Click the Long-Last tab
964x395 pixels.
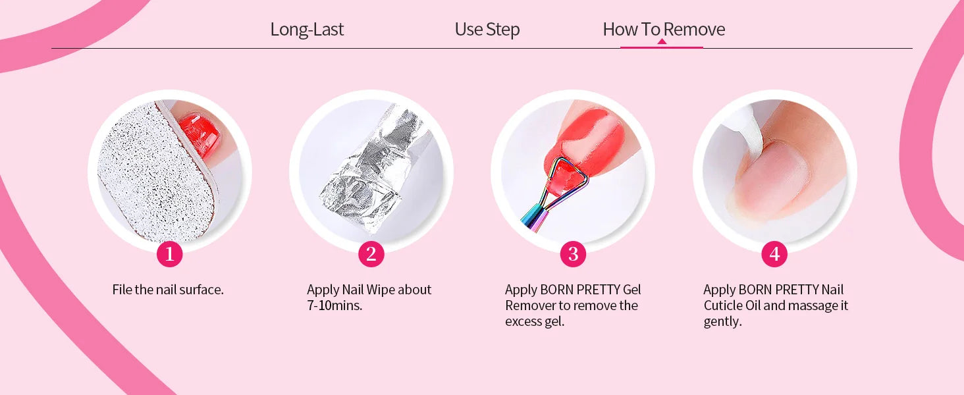[307, 29]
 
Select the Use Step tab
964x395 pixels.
[487, 29]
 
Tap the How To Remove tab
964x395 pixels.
[664, 29]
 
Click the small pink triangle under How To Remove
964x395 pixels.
[662, 41]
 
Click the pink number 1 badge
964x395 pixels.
[170, 254]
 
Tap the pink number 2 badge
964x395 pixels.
[371, 254]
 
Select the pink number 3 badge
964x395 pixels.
[573, 254]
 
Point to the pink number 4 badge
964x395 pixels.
[774, 254]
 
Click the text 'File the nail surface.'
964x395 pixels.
[168, 290]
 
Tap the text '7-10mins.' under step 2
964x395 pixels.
[335, 305]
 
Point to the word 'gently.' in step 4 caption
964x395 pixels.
[722, 322]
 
